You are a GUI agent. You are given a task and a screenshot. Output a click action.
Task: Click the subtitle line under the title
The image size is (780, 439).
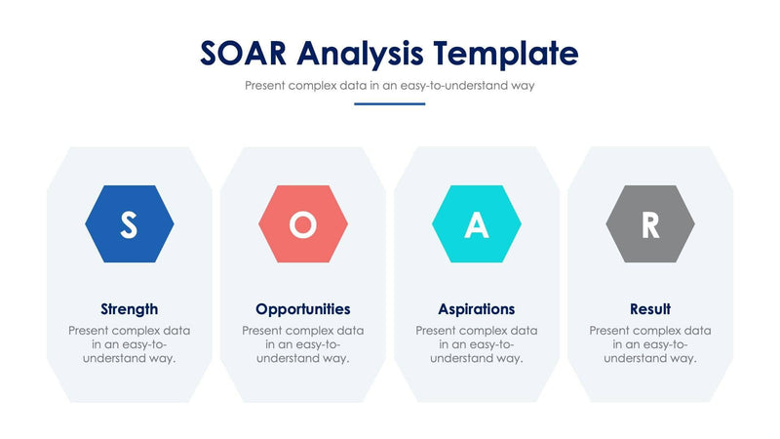click(x=389, y=85)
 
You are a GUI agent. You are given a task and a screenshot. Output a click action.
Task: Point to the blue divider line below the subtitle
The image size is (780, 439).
click(x=389, y=103)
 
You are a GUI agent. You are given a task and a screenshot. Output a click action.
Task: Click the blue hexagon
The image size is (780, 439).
click(x=130, y=224)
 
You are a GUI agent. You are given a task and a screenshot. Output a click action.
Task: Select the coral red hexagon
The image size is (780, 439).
click(x=303, y=224)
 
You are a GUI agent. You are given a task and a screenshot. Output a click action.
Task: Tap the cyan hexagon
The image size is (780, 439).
click(x=477, y=224)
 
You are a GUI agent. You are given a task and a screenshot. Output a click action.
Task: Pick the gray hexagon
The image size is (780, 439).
click(x=650, y=224)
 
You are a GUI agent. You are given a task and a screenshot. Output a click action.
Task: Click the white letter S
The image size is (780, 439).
click(x=130, y=225)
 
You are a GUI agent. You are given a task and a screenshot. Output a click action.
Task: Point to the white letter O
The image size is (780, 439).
click(x=303, y=225)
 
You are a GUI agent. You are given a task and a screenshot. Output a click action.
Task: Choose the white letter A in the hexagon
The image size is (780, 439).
click(x=477, y=225)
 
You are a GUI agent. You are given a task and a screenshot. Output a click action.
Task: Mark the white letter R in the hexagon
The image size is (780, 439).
click(x=650, y=225)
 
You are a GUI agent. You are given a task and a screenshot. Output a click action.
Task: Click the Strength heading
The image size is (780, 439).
click(x=130, y=309)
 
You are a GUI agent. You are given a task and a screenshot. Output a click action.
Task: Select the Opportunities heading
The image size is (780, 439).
click(x=303, y=309)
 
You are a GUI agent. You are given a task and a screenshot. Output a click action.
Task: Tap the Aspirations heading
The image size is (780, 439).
click(x=477, y=309)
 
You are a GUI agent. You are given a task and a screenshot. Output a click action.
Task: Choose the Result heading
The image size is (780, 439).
click(x=650, y=309)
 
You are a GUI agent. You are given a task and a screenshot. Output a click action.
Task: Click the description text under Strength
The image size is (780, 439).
click(x=130, y=344)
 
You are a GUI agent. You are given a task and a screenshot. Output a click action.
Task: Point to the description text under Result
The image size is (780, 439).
click(x=650, y=344)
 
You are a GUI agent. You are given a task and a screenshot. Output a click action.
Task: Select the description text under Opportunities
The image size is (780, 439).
click(x=303, y=344)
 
